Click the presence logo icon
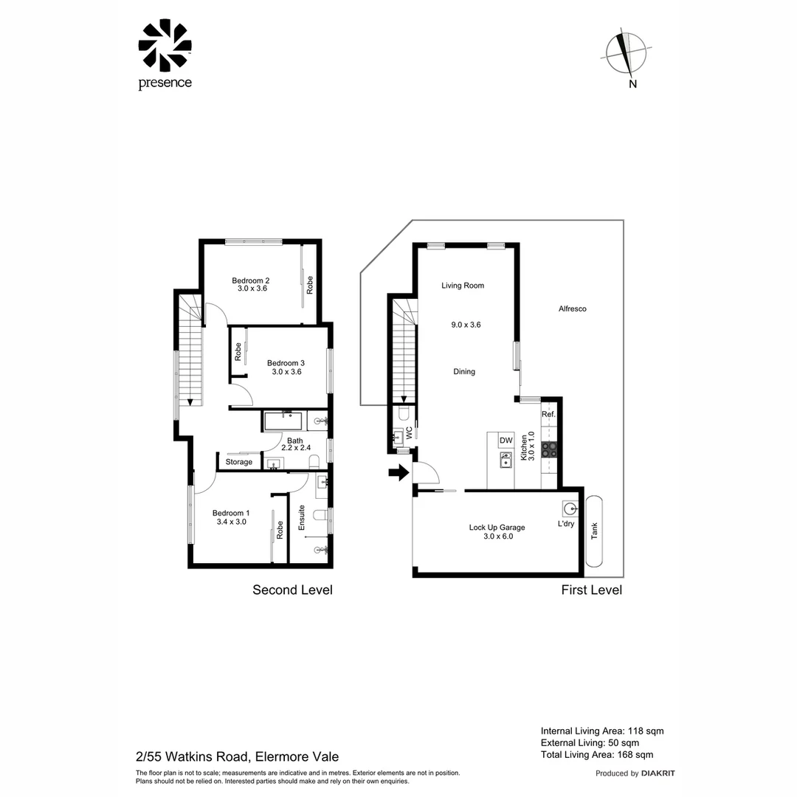165,46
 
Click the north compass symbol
627,54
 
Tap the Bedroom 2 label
251,280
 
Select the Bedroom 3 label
286,363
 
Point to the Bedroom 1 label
231,513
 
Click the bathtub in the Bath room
283,422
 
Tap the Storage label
239,462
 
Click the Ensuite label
301,518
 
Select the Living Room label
463,286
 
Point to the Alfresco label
572,308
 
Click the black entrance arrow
398,472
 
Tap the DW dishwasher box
506,441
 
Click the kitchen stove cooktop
549,449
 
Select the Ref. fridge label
548,415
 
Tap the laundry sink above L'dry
570,508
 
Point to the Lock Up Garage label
497,527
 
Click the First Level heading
591,590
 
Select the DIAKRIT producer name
658,773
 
